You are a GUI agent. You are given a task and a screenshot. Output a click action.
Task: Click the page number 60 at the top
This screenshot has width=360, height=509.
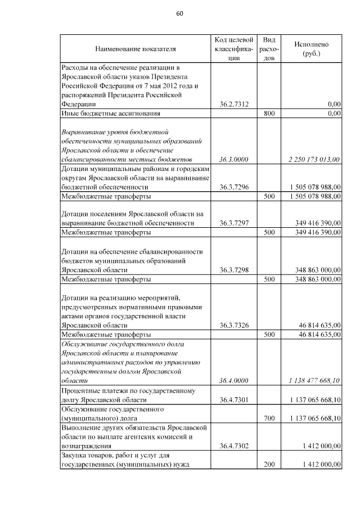[x=179, y=13]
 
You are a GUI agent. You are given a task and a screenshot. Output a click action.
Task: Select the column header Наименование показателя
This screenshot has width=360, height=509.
[x=135, y=49]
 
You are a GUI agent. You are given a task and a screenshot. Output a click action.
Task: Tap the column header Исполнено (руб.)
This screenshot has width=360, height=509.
[x=311, y=49]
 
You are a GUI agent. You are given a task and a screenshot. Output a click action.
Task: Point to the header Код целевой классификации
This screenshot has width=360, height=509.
[x=234, y=49]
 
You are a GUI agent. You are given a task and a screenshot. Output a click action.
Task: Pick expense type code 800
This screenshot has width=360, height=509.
[x=269, y=113]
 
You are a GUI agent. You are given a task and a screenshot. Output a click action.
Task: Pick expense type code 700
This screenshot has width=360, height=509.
[x=269, y=418]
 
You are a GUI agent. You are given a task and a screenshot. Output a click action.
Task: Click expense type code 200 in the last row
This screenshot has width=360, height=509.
[x=269, y=464]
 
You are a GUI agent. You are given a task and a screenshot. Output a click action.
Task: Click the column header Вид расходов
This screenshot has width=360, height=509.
[x=269, y=49]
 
